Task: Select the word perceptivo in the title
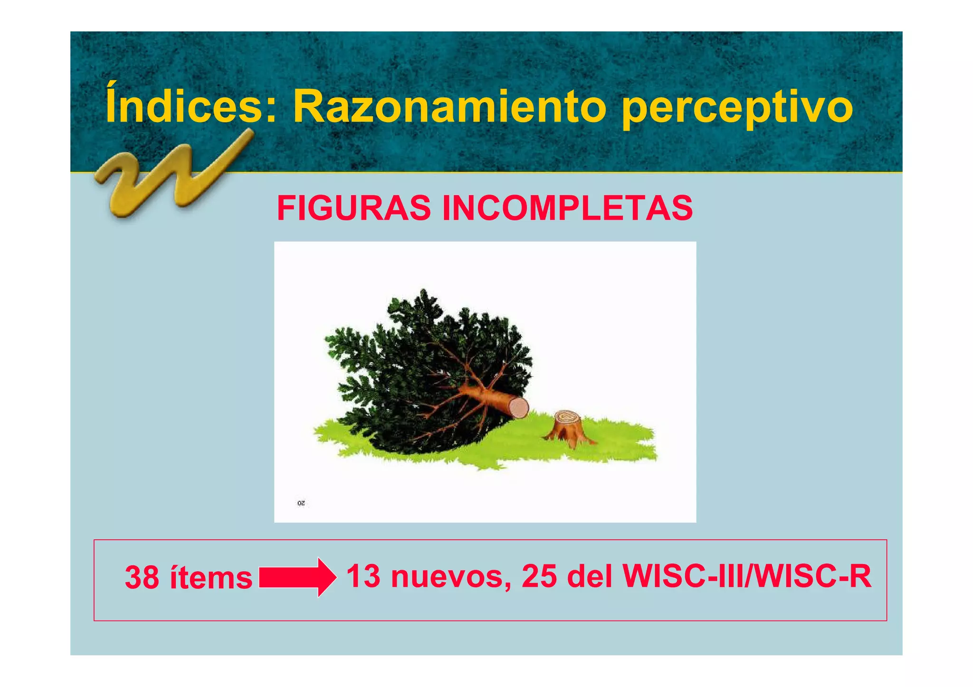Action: pos(736,108)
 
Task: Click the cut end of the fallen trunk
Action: pos(519,407)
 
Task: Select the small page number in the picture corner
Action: pos(301,503)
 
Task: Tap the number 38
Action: pos(142,578)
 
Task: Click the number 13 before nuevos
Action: pos(363,576)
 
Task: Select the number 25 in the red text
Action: pos(539,576)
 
